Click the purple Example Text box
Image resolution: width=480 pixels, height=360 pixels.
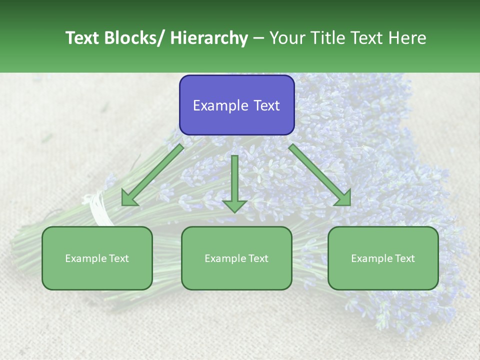(x=236, y=105)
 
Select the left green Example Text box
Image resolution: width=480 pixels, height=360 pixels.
(x=97, y=258)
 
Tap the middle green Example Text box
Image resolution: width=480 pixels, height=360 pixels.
(x=236, y=258)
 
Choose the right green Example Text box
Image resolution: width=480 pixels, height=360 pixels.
(x=383, y=258)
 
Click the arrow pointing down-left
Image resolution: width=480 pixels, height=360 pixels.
(x=152, y=175)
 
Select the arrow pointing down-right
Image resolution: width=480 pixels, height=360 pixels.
(x=320, y=175)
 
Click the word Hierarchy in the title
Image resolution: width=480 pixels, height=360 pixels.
(x=208, y=38)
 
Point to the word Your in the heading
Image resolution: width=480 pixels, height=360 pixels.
(x=286, y=38)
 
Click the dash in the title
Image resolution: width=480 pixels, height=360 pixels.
(x=258, y=38)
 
